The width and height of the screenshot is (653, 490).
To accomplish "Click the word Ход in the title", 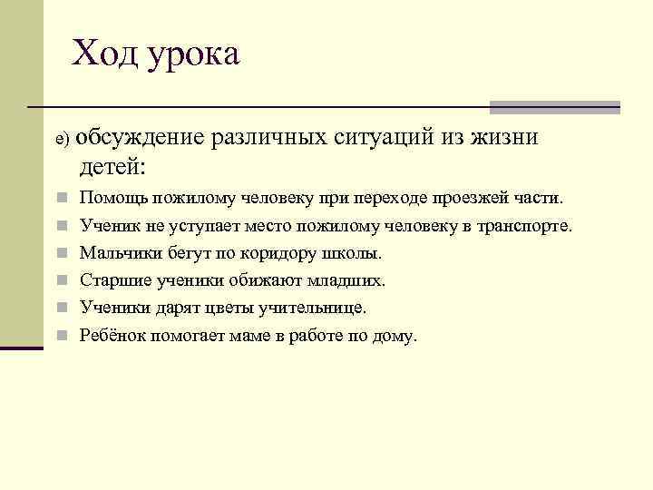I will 102,54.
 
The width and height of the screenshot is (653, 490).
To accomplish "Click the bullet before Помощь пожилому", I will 59,198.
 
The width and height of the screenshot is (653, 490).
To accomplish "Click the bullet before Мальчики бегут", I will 59,253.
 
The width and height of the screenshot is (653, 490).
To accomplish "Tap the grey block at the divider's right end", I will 554,107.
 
